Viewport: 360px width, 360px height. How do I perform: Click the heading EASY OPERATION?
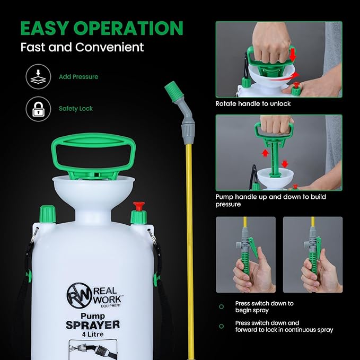click(x=102, y=28)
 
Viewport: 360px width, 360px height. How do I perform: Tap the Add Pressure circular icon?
click(x=38, y=76)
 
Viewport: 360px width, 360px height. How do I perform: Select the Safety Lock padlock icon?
click(x=38, y=109)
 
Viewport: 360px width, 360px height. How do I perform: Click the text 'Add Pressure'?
click(x=78, y=77)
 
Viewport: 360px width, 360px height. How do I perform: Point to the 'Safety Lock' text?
click(x=76, y=109)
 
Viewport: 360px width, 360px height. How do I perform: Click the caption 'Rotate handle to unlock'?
click(x=253, y=104)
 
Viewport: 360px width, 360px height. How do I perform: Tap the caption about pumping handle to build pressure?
click(x=270, y=200)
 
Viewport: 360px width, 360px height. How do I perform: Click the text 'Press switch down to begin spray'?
click(x=264, y=307)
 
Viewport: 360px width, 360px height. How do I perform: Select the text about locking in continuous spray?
click(x=284, y=326)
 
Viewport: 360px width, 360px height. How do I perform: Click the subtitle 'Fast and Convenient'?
click(x=82, y=47)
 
